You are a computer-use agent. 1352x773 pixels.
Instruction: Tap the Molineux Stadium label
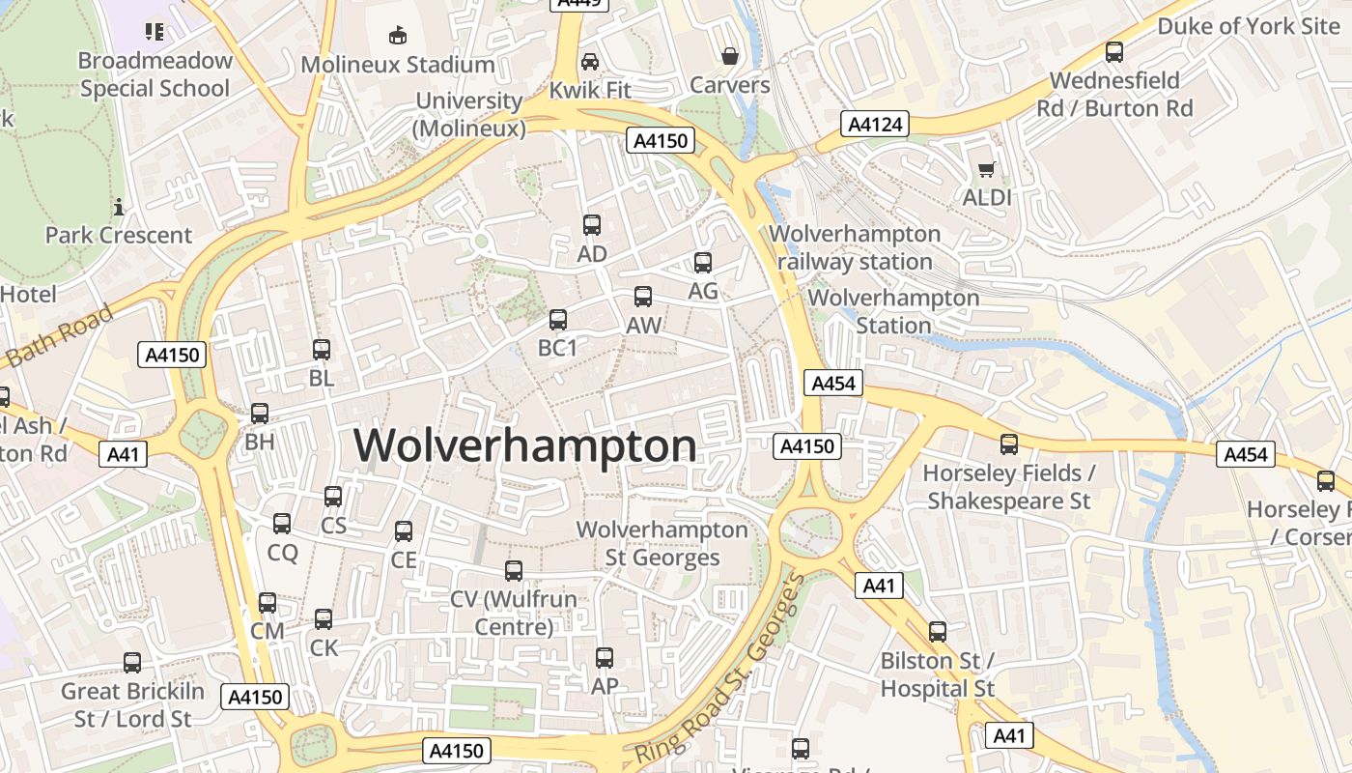click(398, 65)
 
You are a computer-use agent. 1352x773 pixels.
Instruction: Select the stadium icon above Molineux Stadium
click(397, 36)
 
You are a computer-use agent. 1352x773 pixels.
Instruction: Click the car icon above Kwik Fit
click(589, 62)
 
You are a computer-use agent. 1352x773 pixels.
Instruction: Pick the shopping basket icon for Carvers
click(730, 56)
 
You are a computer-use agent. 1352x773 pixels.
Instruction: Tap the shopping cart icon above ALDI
click(986, 170)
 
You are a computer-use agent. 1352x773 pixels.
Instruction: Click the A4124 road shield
click(874, 124)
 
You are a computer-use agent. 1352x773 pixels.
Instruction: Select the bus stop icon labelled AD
click(592, 225)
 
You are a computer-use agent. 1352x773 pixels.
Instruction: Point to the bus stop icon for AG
click(703, 262)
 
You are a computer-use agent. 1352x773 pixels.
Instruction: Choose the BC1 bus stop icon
click(558, 319)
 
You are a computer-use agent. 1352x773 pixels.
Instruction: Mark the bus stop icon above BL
click(322, 350)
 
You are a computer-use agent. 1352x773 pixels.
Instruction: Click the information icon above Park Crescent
click(119, 207)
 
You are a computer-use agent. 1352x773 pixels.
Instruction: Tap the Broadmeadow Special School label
click(155, 74)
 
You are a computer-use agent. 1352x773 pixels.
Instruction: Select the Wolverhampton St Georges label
click(662, 543)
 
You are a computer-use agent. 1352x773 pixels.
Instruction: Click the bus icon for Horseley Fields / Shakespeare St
click(1009, 444)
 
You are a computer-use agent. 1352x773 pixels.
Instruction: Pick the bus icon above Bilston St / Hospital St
click(938, 632)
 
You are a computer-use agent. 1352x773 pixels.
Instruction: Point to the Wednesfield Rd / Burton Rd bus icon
click(1114, 52)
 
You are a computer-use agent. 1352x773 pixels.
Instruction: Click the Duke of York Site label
click(1249, 26)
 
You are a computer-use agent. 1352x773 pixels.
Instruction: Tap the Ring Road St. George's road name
click(720, 670)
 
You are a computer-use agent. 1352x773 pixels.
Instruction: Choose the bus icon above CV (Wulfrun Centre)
click(514, 571)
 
